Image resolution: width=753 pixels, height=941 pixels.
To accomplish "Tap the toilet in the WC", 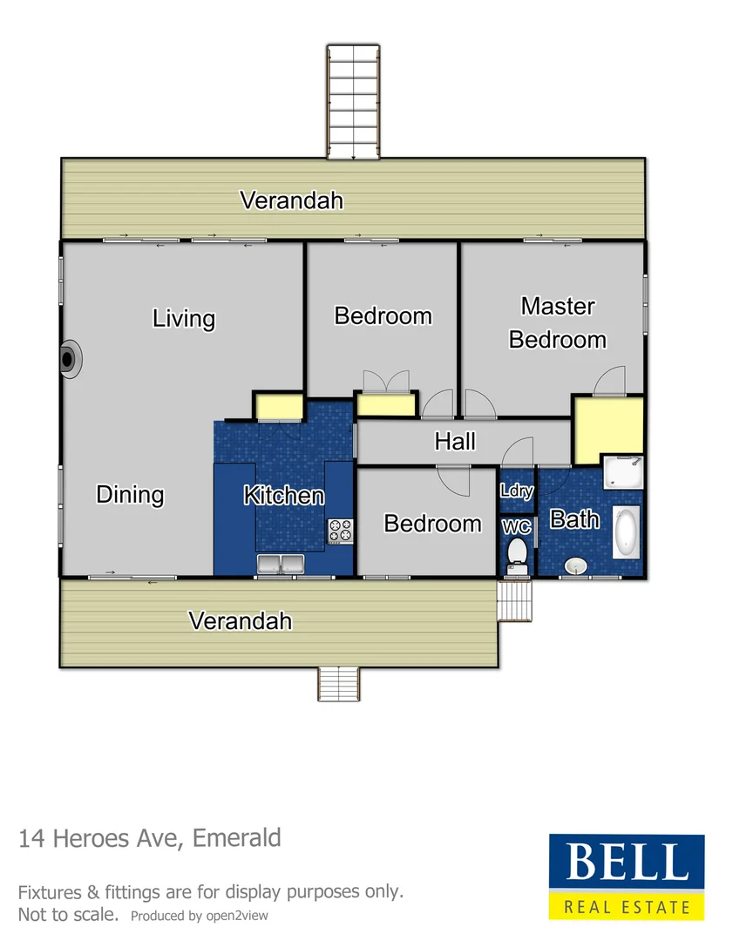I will (518, 552).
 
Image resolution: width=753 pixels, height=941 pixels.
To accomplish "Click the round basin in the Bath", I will (575, 566).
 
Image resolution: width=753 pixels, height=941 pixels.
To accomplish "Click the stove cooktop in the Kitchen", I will (340, 531).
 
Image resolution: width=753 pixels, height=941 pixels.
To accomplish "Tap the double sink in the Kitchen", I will (279, 564).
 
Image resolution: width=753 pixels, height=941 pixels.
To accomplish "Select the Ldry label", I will (516, 491).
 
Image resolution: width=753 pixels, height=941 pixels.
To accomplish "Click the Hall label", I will (455, 442).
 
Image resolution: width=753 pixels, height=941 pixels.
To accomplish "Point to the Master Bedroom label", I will (558, 322).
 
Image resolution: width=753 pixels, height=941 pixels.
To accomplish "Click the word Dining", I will (130, 495).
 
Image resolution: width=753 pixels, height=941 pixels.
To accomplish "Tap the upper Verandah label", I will (291, 200).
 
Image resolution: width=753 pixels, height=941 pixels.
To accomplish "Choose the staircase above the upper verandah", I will (354, 102).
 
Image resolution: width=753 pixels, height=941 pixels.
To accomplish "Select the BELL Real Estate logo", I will (626, 877).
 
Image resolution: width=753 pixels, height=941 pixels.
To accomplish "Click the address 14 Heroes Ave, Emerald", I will (150, 839).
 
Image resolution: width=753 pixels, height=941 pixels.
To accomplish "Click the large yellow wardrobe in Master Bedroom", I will (607, 430).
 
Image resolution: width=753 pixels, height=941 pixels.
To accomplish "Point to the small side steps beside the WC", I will (514, 601).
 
